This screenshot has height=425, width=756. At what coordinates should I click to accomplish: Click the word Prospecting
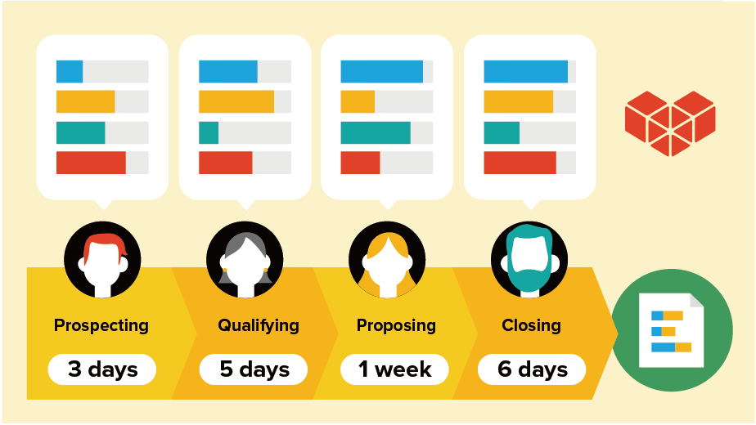(101, 325)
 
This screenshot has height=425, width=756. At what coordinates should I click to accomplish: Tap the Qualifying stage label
(259, 325)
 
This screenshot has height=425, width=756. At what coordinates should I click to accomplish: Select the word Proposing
(396, 325)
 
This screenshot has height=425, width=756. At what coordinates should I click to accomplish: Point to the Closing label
(531, 325)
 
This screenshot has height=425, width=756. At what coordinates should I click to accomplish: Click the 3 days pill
(102, 369)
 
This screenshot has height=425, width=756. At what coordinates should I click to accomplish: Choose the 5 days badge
(254, 369)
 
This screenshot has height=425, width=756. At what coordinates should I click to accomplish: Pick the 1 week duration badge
(395, 369)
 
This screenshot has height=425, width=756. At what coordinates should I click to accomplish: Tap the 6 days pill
(532, 369)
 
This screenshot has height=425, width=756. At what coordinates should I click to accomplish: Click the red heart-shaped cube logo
(670, 123)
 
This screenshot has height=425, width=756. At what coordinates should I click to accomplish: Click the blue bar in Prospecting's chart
(70, 72)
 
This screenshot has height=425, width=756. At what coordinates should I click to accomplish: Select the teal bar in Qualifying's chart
(209, 132)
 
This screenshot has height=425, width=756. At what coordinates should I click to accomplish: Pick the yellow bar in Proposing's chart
(358, 102)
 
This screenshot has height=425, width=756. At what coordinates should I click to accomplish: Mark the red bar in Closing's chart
(520, 163)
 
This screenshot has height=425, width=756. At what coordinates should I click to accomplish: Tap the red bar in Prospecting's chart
(91, 163)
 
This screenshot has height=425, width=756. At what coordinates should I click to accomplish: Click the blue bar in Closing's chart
(525, 72)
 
